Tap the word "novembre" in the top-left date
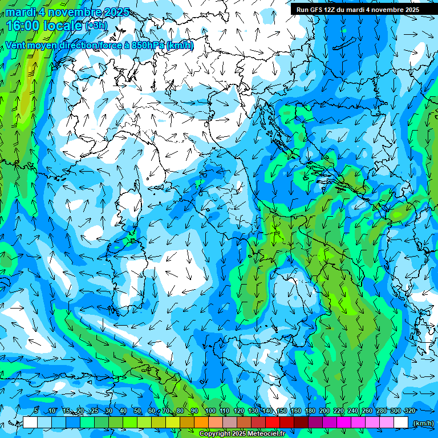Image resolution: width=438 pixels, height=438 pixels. tap(74, 12)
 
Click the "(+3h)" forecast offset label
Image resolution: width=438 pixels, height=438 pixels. tap(96, 26)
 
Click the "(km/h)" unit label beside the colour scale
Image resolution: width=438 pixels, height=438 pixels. tap(424, 423)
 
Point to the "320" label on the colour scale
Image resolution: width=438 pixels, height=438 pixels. tap(409, 411)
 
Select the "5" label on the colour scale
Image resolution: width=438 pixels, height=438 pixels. tap(36, 411)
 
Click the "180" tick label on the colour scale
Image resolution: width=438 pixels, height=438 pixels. tap(310, 411)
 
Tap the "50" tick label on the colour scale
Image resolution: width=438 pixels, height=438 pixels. tap(137, 411)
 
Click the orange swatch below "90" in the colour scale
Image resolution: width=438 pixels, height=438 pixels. tap(201, 423)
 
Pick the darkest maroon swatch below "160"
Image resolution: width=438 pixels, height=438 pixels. tap(301, 423)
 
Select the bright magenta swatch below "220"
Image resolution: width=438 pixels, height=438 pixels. tap(344, 423)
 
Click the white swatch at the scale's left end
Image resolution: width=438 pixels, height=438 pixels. tap(30, 423)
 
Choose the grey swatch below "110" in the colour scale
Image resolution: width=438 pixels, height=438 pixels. tap(230, 423)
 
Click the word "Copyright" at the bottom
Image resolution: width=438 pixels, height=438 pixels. tap(214, 434)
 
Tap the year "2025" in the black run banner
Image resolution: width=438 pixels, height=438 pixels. tap(409, 10)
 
